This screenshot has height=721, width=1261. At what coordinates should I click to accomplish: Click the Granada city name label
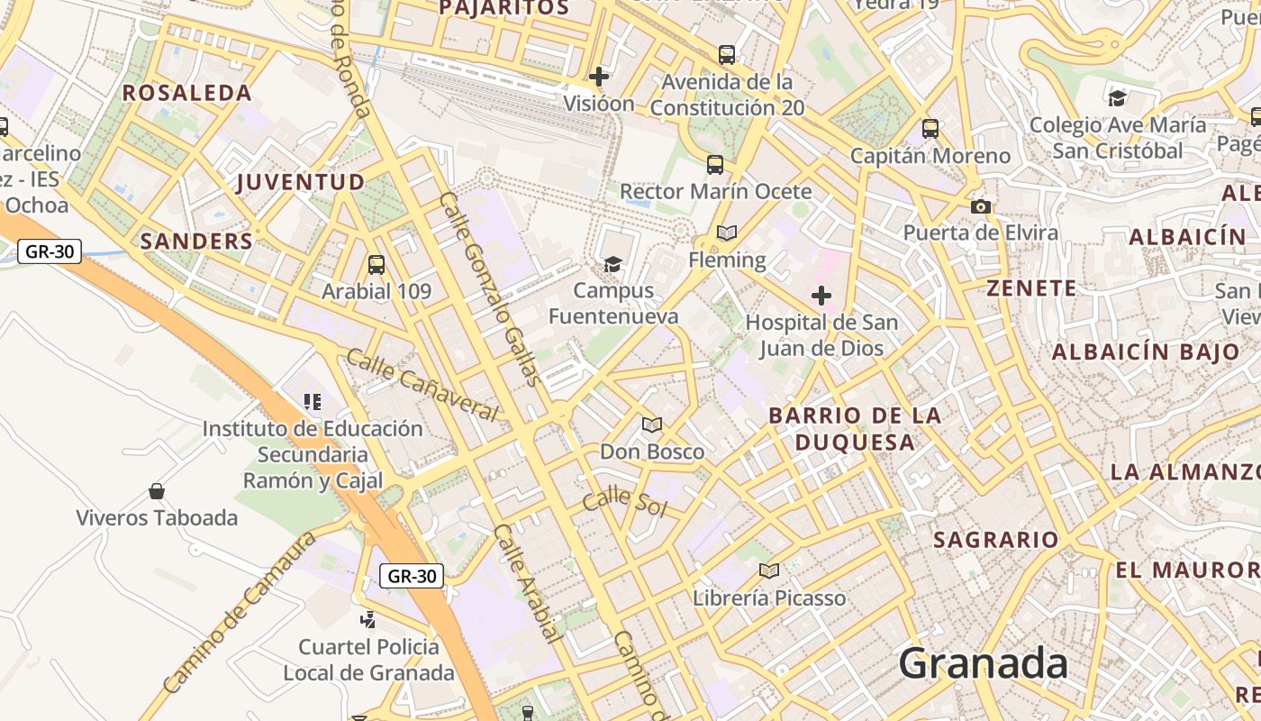coord(983,664)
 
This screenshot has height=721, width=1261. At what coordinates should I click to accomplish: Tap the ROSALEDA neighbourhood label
coord(186,93)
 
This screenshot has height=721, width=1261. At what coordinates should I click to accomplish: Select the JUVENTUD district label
coord(300,183)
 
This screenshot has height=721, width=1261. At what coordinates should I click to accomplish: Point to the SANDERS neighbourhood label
coord(196,242)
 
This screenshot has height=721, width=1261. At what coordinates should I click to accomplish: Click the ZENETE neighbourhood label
coord(1031,288)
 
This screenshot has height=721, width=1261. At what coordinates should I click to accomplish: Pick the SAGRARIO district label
coord(995,540)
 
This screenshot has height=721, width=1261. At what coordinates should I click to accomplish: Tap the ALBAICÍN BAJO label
coord(1146,351)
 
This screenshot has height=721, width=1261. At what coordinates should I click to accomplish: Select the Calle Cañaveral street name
coord(422,386)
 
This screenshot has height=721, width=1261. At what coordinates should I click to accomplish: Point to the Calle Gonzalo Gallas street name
coord(491,288)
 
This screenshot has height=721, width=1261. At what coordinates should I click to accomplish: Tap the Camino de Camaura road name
coord(240,612)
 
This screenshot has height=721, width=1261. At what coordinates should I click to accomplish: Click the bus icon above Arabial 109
coord(376,265)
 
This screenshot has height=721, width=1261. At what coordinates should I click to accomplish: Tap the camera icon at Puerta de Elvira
coord(981,206)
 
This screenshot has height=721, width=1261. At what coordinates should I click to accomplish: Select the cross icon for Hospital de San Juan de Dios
coord(821,295)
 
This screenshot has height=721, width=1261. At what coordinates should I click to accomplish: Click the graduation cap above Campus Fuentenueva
coord(612,264)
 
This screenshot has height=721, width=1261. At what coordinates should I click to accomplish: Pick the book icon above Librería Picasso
coord(768,570)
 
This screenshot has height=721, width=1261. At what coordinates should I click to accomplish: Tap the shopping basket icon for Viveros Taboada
coord(157,491)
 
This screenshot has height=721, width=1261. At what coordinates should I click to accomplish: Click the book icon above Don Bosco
coord(652,424)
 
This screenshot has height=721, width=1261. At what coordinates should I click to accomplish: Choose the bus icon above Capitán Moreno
coord(930,129)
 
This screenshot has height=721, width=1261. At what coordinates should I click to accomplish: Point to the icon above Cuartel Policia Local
coord(367,619)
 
